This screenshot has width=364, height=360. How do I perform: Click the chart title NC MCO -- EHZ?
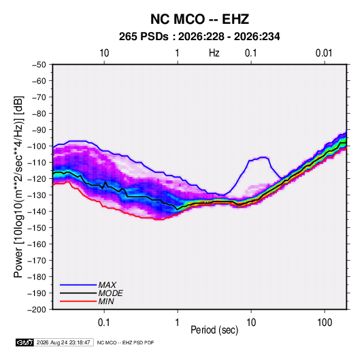(x=199, y=19)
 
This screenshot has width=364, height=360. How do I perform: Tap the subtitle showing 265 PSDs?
(x=199, y=37)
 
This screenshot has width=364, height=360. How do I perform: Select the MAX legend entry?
(x=88, y=284)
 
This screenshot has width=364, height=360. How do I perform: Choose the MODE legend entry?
(x=91, y=293)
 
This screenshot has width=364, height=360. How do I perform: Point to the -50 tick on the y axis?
(x=39, y=65)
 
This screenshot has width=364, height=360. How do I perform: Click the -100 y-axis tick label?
(x=37, y=146)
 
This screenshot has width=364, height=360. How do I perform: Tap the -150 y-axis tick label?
(x=37, y=228)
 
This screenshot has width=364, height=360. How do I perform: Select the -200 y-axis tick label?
(x=37, y=310)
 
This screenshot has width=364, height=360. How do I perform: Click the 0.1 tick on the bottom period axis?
(x=104, y=323)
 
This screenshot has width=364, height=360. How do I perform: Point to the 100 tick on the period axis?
(x=325, y=323)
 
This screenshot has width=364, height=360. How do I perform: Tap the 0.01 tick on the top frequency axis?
(x=324, y=53)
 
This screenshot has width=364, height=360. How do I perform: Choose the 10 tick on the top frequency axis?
(x=104, y=53)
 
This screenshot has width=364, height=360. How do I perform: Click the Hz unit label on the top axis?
(x=214, y=53)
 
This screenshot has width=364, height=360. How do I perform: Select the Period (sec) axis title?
(x=214, y=330)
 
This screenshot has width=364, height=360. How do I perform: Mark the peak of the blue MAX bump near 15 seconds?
(x=263, y=157)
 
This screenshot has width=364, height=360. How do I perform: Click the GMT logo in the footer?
(x=24, y=342)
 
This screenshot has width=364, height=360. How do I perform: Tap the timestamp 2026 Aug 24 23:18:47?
(x=63, y=342)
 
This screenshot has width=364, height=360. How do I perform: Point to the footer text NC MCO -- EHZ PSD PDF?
(x=125, y=342)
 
